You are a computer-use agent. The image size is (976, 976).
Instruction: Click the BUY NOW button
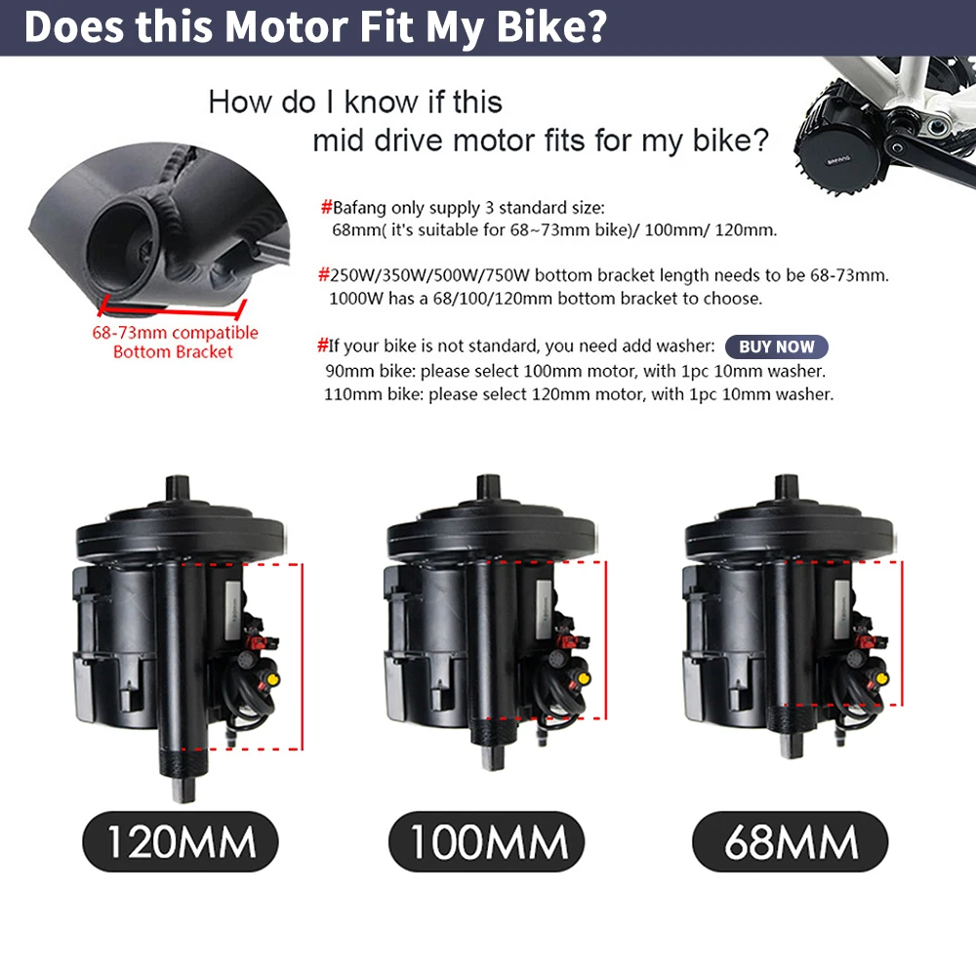tap(776, 346)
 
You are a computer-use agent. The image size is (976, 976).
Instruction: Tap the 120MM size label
tap(180, 841)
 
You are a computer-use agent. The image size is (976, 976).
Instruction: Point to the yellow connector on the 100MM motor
tap(584, 676)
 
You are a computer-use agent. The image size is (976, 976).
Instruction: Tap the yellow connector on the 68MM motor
tap(881, 676)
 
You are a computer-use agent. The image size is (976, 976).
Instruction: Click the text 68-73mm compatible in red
tap(175, 333)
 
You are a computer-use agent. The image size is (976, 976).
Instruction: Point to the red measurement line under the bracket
tap(171, 310)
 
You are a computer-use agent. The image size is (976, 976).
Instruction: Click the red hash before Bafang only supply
tap(326, 208)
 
